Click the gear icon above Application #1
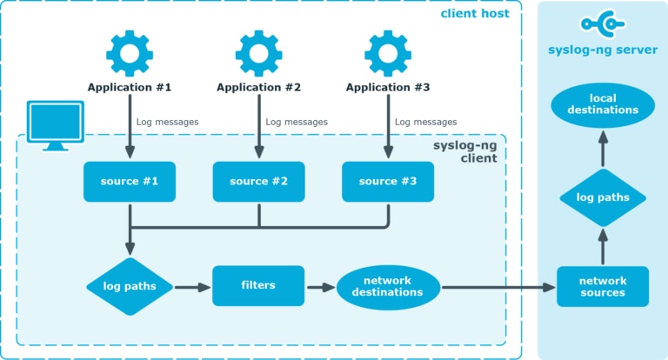[130, 53]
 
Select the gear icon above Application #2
[258, 53]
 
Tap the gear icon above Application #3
[388, 53]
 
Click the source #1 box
[130, 182]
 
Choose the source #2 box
[258, 182]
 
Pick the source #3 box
[388, 182]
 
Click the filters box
[258, 285]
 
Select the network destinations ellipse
[388, 286]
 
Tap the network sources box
[603, 286]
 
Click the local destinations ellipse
[603, 104]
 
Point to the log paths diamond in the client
[130, 286]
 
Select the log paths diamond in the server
[603, 197]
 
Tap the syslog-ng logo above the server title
[603, 24]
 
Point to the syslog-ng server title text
[603, 50]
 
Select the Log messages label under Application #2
[297, 123]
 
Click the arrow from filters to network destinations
[320, 286]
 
